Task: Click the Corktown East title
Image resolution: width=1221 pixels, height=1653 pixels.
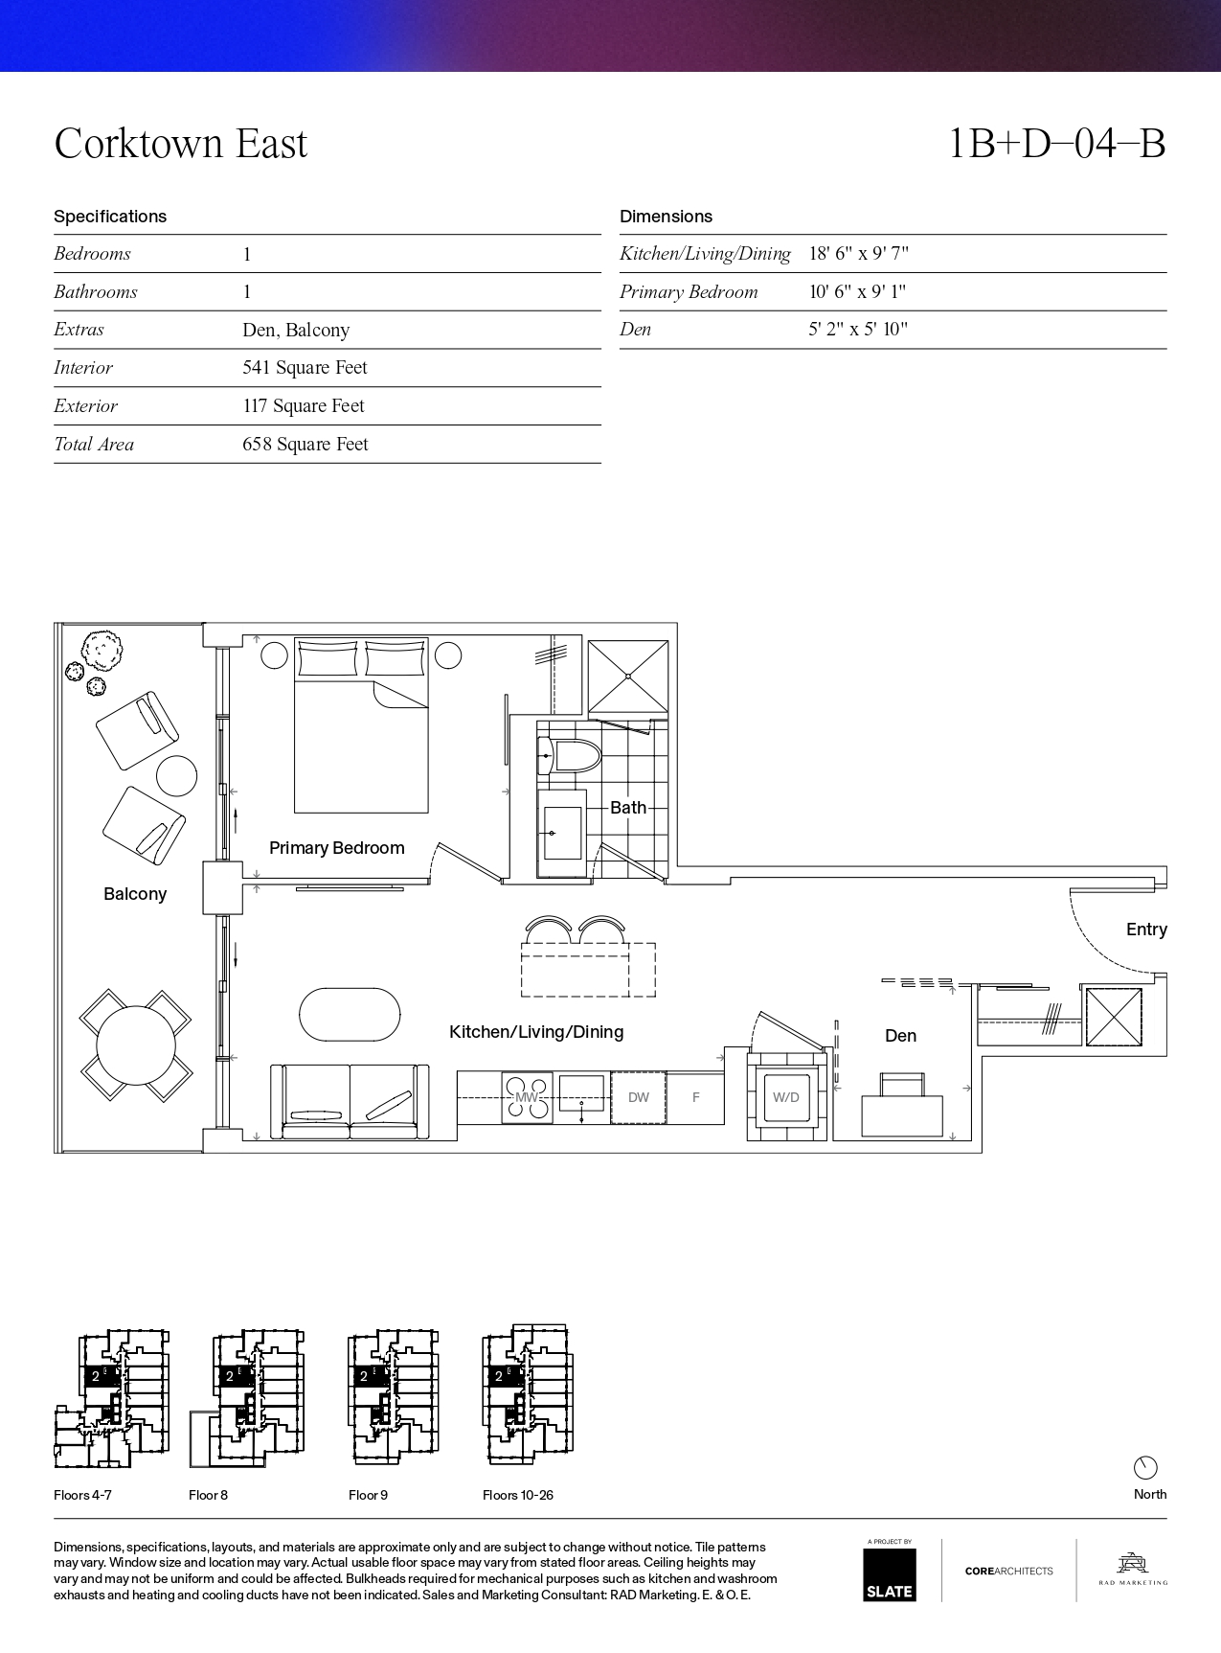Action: coord(181,144)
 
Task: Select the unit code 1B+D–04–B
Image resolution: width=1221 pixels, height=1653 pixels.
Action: coord(1056,144)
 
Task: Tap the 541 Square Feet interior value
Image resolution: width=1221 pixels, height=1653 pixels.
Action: coord(305,368)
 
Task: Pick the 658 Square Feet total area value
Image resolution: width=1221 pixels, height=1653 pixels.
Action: coord(305,445)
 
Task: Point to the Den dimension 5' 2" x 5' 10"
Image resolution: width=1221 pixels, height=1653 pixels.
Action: coord(858,330)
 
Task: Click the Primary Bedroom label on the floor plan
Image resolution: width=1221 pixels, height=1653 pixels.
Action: coord(336,848)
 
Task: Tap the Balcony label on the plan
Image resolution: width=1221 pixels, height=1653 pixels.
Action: coord(135,894)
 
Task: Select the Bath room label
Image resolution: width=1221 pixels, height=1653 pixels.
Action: coord(628,808)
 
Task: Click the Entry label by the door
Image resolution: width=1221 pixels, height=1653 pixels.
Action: coord(1146,930)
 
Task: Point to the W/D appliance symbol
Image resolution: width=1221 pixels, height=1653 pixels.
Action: coord(786,1097)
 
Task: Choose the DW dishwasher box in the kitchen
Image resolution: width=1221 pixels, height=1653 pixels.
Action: coord(639,1097)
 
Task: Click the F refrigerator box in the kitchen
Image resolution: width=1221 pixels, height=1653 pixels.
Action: coord(695,1097)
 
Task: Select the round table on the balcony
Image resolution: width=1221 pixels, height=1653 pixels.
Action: coord(136,1045)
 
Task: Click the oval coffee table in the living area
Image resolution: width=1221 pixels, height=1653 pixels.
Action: coord(350,1014)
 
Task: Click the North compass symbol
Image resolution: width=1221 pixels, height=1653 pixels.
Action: coord(1145,1467)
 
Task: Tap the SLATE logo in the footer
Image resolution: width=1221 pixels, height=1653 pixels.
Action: coord(890,1574)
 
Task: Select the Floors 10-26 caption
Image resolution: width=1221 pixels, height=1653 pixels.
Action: coord(518,1495)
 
